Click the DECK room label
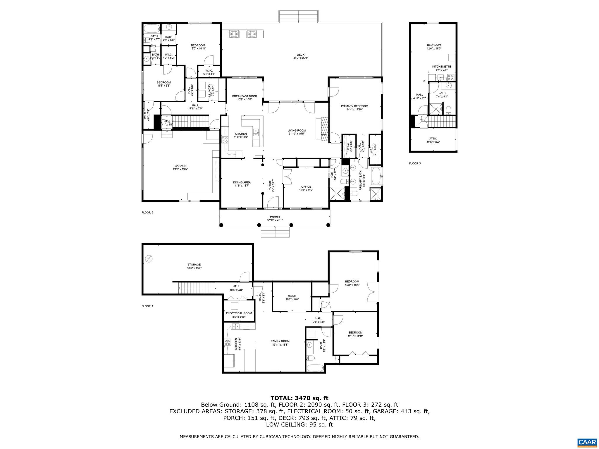(x=301, y=55)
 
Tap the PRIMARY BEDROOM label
(x=354, y=106)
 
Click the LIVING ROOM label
(x=296, y=131)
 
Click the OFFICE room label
(x=306, y=186)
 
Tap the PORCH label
(x=275, y=217)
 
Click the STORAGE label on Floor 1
(x=194, y=265)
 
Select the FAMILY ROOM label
(x=280, y=341)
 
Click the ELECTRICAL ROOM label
(x=239, y=313)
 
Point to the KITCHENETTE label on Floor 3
(x=441, y=67)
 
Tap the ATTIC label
(x=433, y=139)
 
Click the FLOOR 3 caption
(x=415, y=163)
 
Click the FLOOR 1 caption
(x=147, y=306)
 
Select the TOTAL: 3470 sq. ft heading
(x=299, y=398)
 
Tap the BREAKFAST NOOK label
(x=245, y=96)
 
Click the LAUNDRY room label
(x=210, y=90)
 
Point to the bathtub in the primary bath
(x=376, y=176)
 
